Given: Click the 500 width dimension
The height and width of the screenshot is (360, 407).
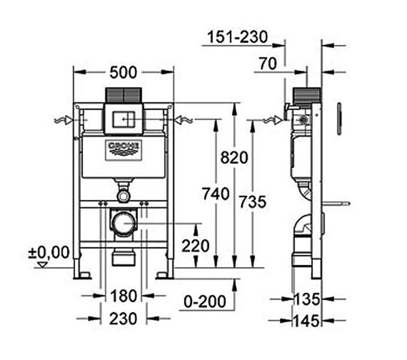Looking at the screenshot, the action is [123, 73].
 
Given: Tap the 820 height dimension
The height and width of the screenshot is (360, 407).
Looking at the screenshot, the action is [234, 157].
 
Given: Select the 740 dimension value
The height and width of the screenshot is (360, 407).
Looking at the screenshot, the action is [216, 194].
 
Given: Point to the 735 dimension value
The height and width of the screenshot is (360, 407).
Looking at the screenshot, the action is [253, 202].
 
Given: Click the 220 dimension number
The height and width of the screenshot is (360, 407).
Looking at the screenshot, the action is [195, 246].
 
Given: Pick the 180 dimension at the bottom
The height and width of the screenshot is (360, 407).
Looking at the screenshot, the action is [123, 296].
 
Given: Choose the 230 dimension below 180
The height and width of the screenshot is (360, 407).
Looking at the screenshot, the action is [123, 318].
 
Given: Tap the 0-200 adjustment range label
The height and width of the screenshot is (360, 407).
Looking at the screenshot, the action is [205, 302].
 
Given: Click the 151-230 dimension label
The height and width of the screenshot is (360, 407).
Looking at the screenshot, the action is [237, 37].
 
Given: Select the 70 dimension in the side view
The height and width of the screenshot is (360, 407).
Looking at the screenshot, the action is [268, 64].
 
